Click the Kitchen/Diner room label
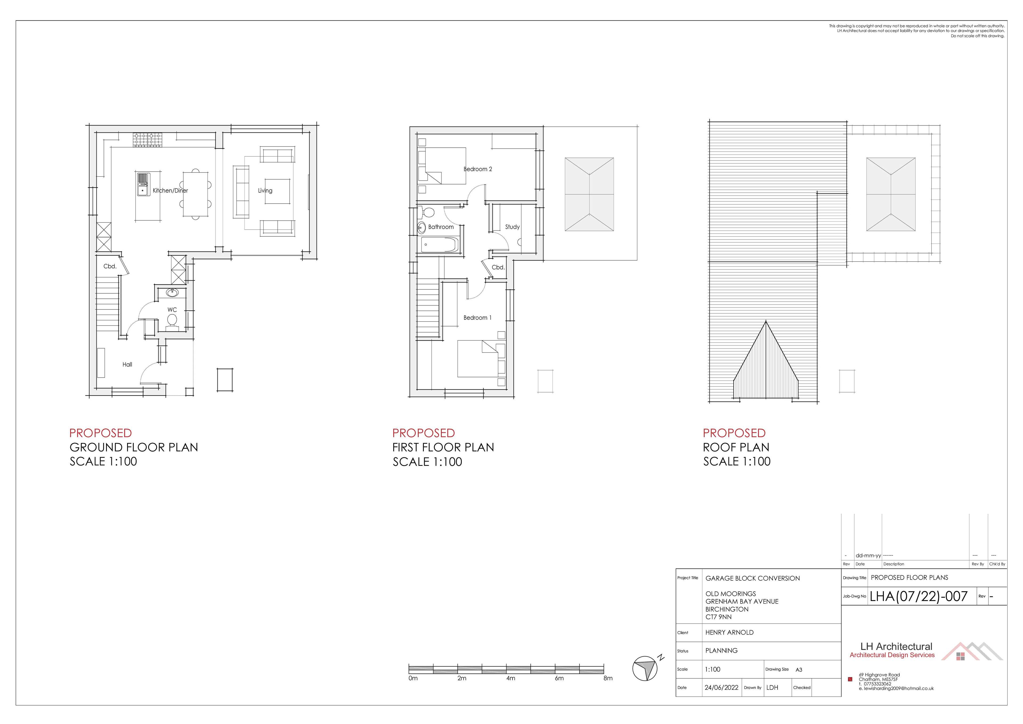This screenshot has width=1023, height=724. (x=170, y=190)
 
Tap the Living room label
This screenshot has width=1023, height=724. (x=265, y=190)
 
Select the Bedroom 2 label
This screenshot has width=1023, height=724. (x=478, y=169)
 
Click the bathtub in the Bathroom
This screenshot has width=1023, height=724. (x=439, y=245)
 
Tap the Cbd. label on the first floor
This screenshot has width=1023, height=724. (x=498, y=268)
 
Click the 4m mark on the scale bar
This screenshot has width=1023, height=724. (x=511, y=678)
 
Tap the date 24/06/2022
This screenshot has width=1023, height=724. (x=722, y=688)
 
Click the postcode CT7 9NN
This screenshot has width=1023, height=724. (x=718, y=617)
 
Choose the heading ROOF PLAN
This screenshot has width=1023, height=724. (x=736, y=447)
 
